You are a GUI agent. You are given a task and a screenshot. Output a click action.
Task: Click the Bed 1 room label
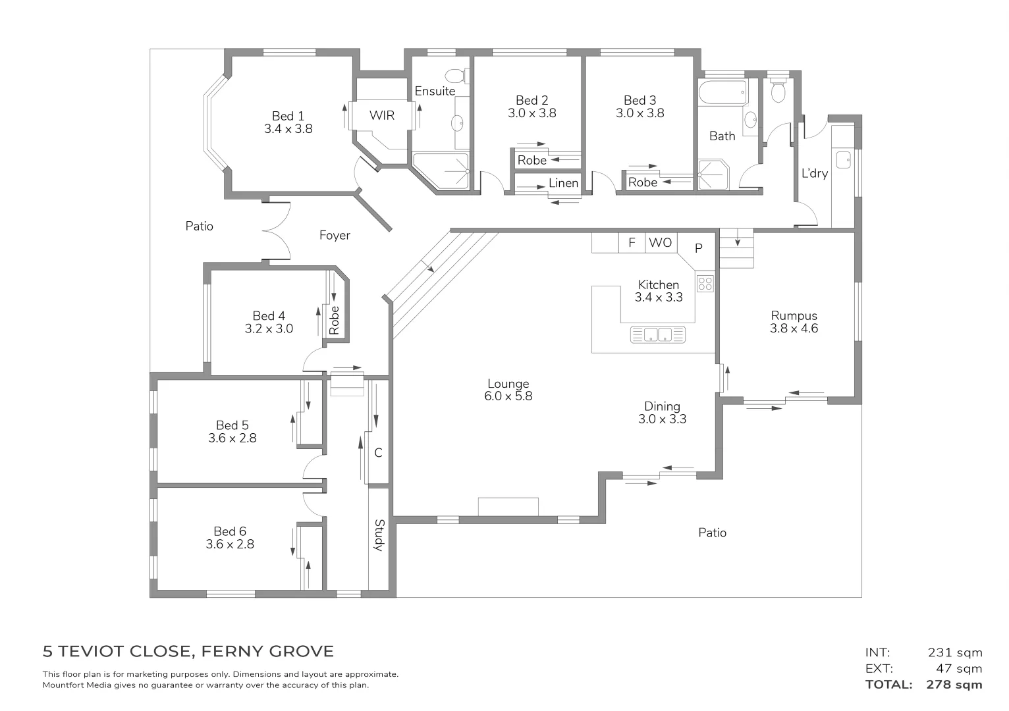288,117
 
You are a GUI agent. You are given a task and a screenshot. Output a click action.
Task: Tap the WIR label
382,116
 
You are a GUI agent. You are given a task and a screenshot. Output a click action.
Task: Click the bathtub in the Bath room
723,92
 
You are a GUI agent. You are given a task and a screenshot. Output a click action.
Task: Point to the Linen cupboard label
564,183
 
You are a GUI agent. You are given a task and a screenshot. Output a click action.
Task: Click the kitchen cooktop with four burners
705,284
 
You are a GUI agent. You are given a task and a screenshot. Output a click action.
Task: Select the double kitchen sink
657,334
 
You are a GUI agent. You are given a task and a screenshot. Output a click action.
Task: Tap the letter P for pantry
699,248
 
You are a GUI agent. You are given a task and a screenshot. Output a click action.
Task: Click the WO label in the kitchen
660,243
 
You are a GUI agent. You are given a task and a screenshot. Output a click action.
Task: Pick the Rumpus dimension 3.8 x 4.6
794,329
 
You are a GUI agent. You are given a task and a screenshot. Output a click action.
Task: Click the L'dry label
814,174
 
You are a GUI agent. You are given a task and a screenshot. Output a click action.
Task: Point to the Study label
379,535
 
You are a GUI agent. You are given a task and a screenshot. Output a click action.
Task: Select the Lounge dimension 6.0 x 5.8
508,396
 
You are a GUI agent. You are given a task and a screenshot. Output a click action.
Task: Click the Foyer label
335,235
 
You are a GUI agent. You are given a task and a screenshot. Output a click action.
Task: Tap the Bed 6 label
230,531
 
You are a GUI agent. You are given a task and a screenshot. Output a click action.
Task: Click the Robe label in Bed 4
335,319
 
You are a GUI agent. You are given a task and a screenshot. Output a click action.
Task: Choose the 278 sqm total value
954,685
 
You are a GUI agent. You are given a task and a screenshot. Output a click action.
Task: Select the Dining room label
662,406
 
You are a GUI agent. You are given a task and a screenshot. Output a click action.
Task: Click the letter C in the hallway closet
378,453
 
